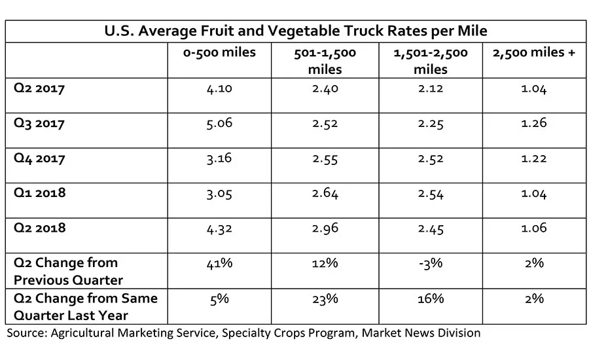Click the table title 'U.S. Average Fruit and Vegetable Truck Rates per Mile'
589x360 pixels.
click(x=295, y=31)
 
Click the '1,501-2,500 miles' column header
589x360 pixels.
click(x=431, y=60)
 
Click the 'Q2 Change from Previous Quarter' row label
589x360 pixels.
click(x=68, y=271)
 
